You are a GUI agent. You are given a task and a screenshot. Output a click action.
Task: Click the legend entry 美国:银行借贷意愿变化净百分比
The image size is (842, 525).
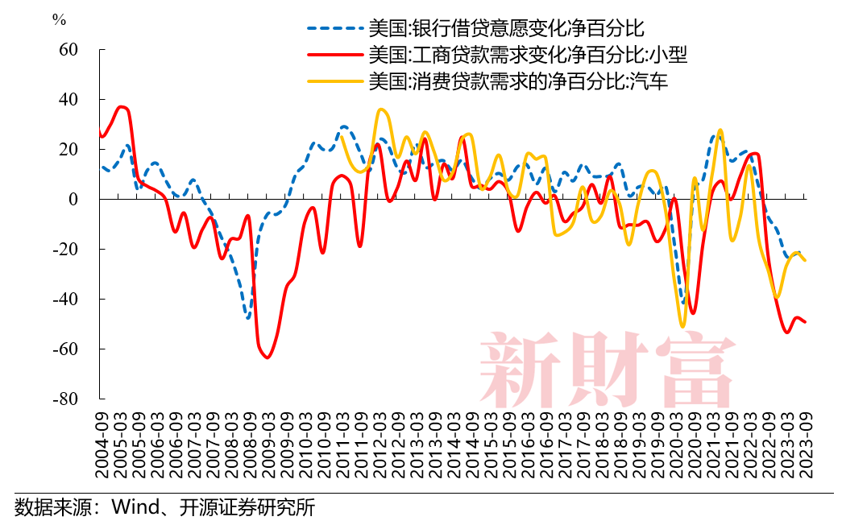(x=506, y=30)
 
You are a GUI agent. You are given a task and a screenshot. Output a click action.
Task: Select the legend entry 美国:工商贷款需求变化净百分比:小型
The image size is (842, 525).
(x=527, y=56)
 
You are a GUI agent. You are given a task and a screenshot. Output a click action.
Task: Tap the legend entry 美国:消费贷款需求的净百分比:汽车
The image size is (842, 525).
(x=517, y=81)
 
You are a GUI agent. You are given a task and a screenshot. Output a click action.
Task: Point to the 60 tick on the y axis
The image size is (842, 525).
(x=68, y=50)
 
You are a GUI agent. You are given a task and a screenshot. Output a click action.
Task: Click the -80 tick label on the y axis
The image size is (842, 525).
(x=65, y=399)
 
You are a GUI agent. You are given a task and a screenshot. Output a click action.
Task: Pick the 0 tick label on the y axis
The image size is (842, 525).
(x=73, y=200)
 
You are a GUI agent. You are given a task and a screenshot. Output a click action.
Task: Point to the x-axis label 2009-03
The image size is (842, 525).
(x=268, y=444)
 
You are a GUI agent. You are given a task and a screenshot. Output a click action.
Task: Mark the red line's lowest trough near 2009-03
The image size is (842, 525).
(x=267, y=357)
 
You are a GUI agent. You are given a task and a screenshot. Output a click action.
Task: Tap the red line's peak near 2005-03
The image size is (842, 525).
(x=121, y=106)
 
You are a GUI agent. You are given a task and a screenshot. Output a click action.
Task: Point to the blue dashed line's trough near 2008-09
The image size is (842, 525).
(x=248, y=317)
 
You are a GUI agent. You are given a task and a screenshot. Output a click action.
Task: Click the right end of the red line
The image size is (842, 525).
(x=805, y=322)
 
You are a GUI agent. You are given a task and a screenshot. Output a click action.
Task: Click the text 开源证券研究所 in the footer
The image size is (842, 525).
(x=242, y=507)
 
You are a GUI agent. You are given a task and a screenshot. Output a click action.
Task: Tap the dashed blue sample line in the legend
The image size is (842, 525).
(x=334, y=30)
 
